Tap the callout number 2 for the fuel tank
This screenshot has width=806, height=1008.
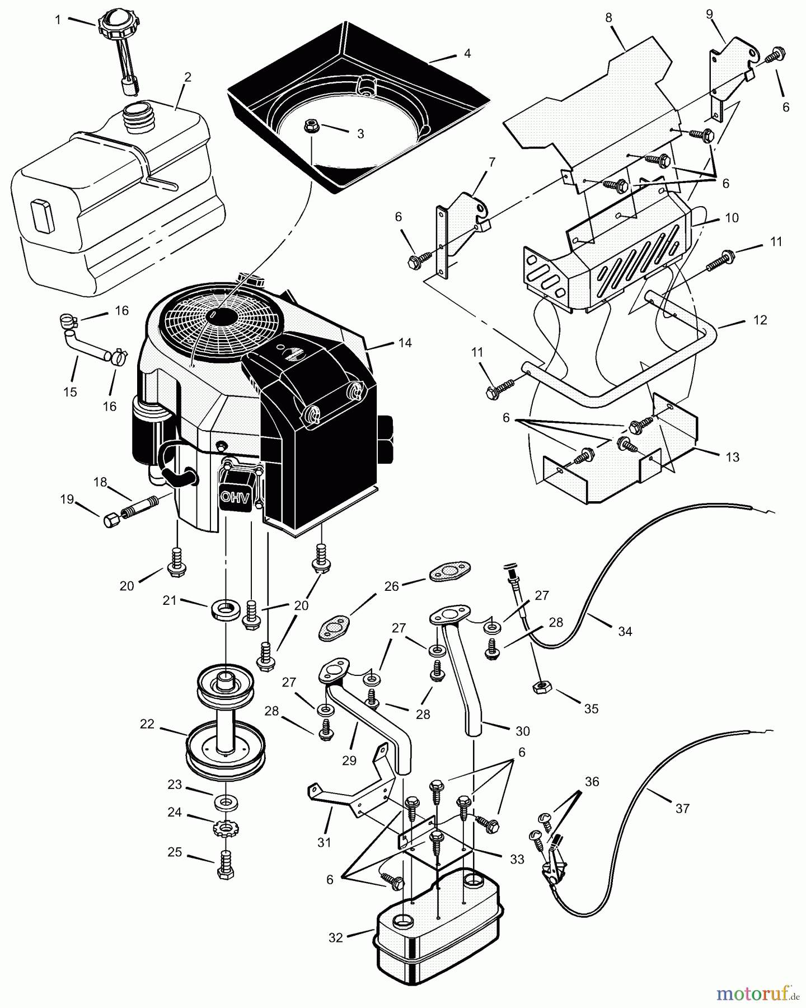pos(188,77)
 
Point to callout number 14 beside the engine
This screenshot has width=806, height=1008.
pos(405,343)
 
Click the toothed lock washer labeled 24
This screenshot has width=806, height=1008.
pos(225,828)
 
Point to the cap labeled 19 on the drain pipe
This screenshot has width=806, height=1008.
pos(110,521)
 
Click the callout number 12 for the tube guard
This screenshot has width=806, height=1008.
pos(760,320)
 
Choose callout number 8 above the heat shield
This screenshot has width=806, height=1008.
pos(609,17)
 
